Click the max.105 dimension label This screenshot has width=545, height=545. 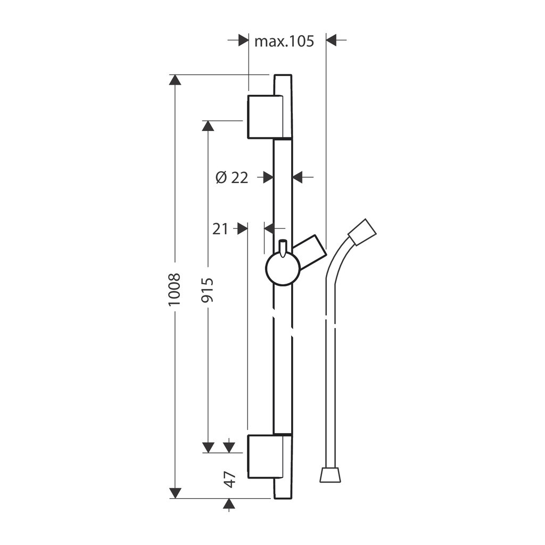click(284, 42)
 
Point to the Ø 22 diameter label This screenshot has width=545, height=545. click(232, 178)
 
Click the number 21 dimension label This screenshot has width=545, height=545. click(220, 229)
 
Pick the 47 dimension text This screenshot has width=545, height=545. click(229, 480)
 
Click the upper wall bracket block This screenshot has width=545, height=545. click(265, 117)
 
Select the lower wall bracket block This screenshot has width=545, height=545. click(265, 456)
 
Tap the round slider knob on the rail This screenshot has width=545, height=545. click(283, 269)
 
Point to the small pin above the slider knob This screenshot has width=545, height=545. click(283, 248)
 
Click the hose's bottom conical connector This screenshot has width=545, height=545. click(330, 475)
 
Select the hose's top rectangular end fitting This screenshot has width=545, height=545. click(362, 232)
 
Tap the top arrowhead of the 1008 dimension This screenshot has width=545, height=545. click(175, 80)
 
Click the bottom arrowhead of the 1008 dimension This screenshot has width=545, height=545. click(175, 493)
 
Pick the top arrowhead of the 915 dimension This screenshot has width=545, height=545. click(208, 126)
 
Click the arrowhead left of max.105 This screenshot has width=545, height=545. click(244, 40)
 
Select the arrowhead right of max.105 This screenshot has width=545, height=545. click(331, 40)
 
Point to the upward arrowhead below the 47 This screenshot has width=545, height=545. click(229, 504)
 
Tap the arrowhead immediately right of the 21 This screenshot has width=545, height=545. click(243, 229)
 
